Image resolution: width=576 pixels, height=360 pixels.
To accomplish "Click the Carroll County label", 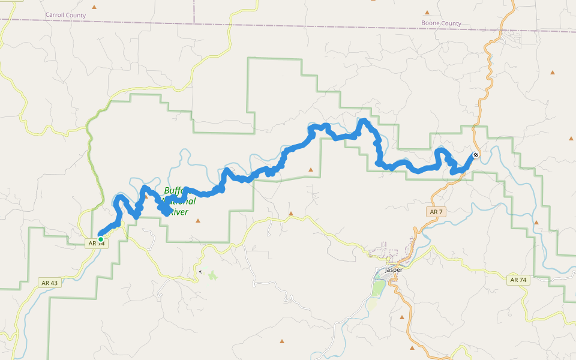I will tap(65, 14).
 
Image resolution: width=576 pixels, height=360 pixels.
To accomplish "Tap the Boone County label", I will tap(442, 23).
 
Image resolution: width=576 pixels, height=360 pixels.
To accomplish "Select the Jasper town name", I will tap(394, 270).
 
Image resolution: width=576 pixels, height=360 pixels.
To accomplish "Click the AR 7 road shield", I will tap(436, 212).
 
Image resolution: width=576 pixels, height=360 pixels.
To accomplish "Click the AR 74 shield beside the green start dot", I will tap(97, 244).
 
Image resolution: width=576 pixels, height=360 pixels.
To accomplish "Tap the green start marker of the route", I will tap(101, 239).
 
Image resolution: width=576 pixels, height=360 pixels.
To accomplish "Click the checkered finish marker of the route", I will tap(476, 155).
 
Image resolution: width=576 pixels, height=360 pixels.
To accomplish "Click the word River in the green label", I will tap(178, 212).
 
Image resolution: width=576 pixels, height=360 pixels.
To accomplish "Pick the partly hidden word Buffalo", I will tap(173, 191).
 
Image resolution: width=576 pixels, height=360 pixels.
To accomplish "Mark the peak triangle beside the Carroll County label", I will tap(94, 7).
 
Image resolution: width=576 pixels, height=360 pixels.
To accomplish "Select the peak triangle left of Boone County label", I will tap(427, 12).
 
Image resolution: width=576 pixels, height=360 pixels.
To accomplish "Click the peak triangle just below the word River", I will tap(198, 221).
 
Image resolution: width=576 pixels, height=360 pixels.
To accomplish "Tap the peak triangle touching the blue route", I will tap(145, 195).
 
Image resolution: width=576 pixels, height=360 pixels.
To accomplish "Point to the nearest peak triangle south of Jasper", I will tap(402, 316).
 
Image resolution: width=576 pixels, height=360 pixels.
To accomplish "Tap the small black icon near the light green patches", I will tap(200, 272).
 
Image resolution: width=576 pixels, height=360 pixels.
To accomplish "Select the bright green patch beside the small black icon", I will tap(212, 275).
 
